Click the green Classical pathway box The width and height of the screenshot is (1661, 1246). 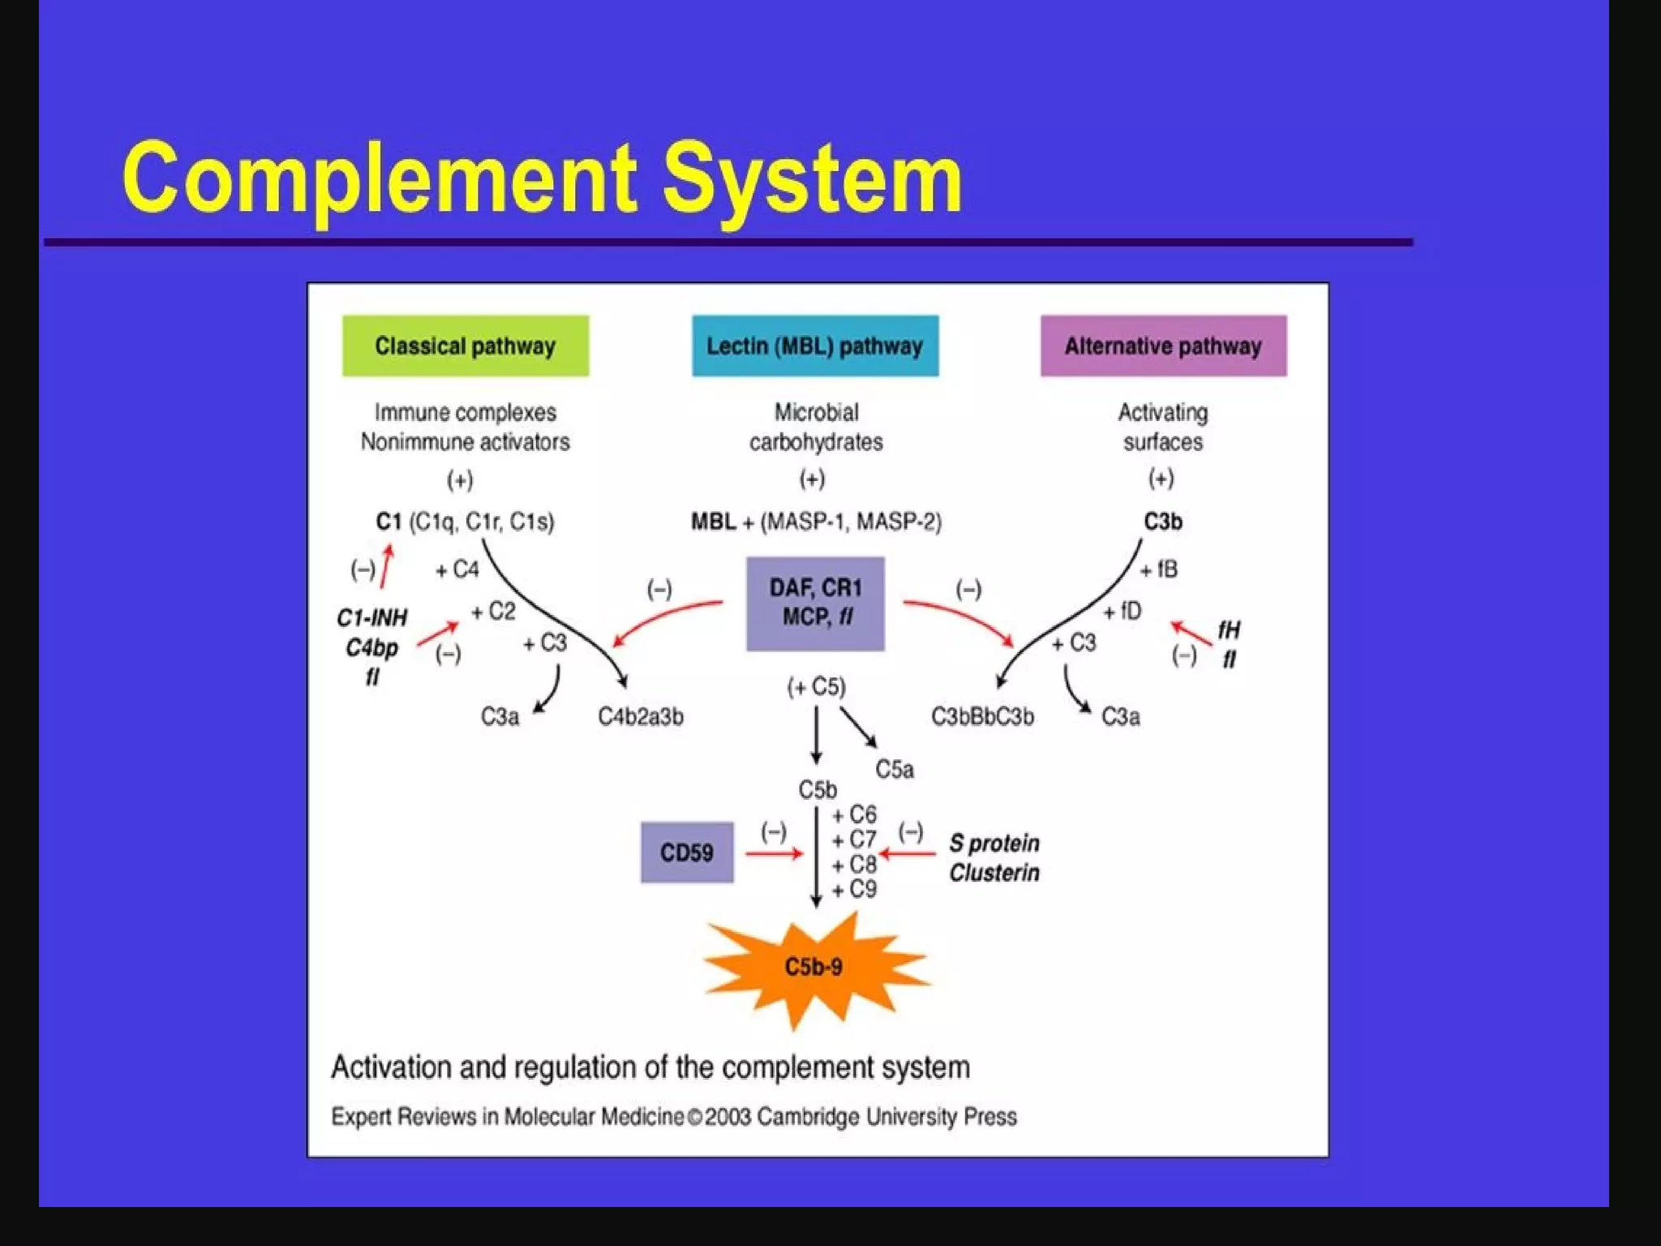[x=466, y=346]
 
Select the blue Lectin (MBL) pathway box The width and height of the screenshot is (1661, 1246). [x=815, y=346]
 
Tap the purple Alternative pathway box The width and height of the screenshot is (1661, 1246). [x=1163, y=346]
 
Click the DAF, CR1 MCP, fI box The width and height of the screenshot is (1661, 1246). [x=815, y=604]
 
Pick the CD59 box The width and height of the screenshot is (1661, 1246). [x=687, y=853]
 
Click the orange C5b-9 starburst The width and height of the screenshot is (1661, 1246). [x=814, y=967]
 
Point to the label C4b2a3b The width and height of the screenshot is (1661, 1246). [x=641, y=717]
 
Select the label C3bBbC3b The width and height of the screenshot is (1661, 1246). [x=982, y=717]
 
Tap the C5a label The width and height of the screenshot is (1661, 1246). [x=895, y=769]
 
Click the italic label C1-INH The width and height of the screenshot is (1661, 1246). [x=372, y=618]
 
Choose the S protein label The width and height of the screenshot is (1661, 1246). [x=994, y=844]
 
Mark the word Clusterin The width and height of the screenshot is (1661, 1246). [x=994, y=873]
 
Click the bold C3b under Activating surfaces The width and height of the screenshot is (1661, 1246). [x=1163, y=522]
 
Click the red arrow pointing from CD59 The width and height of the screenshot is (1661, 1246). [x=773, y=853]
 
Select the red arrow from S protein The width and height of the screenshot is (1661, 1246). [x=908, y=853]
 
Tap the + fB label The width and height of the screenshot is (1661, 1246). [x=1159, y=570]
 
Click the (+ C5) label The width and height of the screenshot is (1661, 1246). [x=817, y=688]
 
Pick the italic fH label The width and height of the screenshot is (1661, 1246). [x=1229, y=629]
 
